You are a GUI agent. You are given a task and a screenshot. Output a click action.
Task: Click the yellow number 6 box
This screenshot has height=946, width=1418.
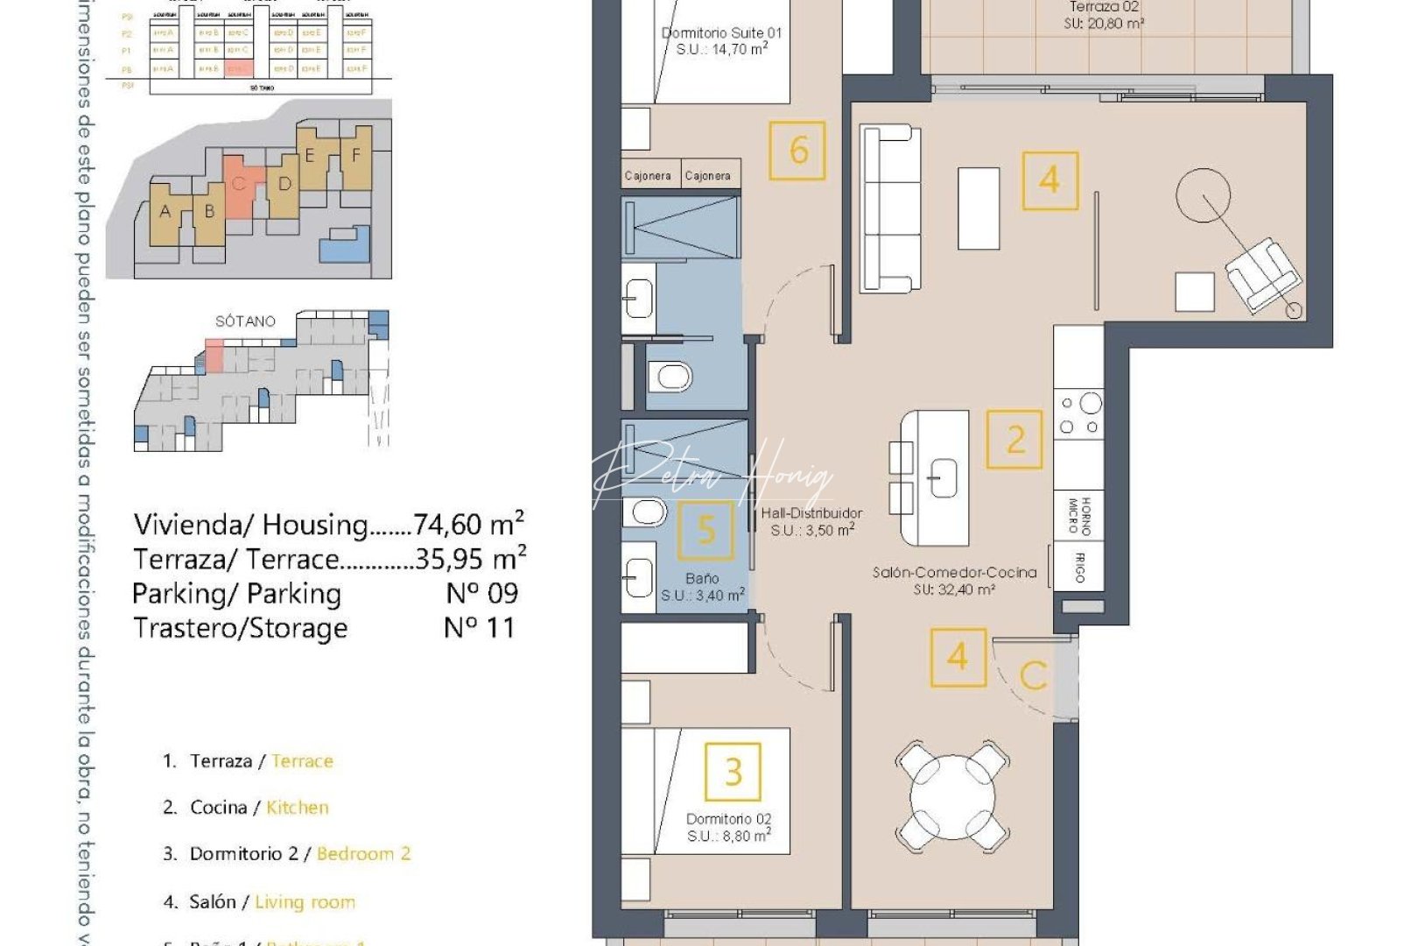797,151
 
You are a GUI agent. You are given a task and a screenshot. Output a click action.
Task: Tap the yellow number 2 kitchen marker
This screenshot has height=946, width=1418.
1014,440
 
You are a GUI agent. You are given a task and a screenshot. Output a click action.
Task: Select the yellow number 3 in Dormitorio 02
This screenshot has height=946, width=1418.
734,772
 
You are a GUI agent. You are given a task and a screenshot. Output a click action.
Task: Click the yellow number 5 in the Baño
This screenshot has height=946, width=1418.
705,530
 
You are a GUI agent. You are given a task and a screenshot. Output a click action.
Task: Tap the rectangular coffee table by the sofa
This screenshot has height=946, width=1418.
979,208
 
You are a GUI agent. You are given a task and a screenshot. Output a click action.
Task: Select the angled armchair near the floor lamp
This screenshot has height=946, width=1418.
1261,274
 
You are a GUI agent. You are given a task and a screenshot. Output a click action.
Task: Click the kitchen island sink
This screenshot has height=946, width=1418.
943,479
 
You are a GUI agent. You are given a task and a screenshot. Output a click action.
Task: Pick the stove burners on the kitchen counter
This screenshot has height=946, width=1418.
1079,414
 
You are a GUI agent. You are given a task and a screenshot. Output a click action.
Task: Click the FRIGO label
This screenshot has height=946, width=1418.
1079,567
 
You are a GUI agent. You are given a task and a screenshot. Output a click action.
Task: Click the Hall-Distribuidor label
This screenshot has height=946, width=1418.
811,513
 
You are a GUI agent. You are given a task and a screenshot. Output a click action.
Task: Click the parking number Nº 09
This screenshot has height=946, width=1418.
481,594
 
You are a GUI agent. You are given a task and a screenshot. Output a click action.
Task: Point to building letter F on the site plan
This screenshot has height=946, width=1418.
356,156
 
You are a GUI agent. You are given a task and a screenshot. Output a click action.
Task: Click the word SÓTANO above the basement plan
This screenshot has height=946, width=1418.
245,321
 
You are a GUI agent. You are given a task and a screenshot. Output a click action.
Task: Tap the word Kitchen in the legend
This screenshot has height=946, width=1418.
298,808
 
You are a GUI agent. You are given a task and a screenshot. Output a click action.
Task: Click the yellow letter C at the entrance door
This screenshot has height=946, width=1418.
1034,675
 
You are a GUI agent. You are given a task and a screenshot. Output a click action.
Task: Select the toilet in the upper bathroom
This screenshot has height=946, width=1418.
672,378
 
